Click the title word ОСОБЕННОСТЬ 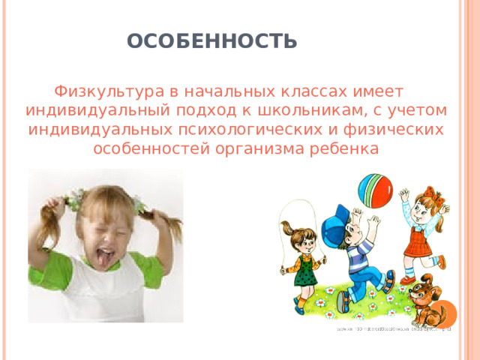tap(212, 40)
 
